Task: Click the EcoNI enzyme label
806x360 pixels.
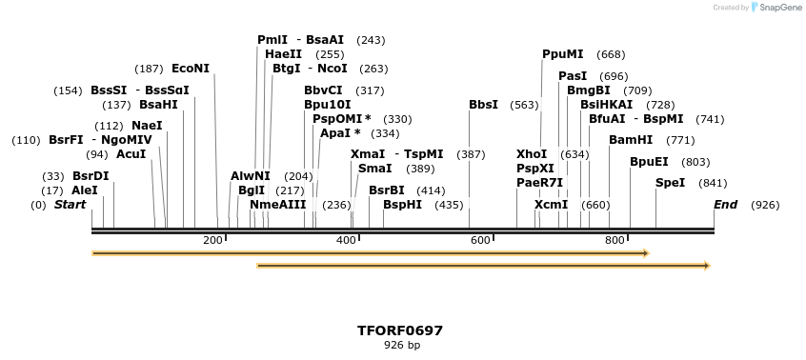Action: point(190,69)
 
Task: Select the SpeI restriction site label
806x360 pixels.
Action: point(670,183)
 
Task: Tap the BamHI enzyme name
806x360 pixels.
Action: point(631,139)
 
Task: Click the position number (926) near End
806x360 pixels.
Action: point(766,205)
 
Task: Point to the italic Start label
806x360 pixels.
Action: point(70,205)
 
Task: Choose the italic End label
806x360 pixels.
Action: point(725,205)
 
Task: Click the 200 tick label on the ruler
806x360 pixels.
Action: point(212,240)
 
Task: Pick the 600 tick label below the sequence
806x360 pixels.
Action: point(480,240)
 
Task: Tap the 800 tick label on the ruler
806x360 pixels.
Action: point(615,240)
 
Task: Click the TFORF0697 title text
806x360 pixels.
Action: point(399,330)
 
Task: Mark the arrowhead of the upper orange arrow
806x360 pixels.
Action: point(646,253)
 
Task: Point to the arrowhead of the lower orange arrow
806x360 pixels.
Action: point(707,266)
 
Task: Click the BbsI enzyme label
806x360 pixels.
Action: point(483,105)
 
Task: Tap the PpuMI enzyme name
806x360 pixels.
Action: point(562,54)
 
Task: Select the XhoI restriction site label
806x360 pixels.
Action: point(532,153)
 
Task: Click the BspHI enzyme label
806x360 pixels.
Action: point(402,205)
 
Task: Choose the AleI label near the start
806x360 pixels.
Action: point(84,190)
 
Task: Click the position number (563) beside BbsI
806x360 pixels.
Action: point(524,105)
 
